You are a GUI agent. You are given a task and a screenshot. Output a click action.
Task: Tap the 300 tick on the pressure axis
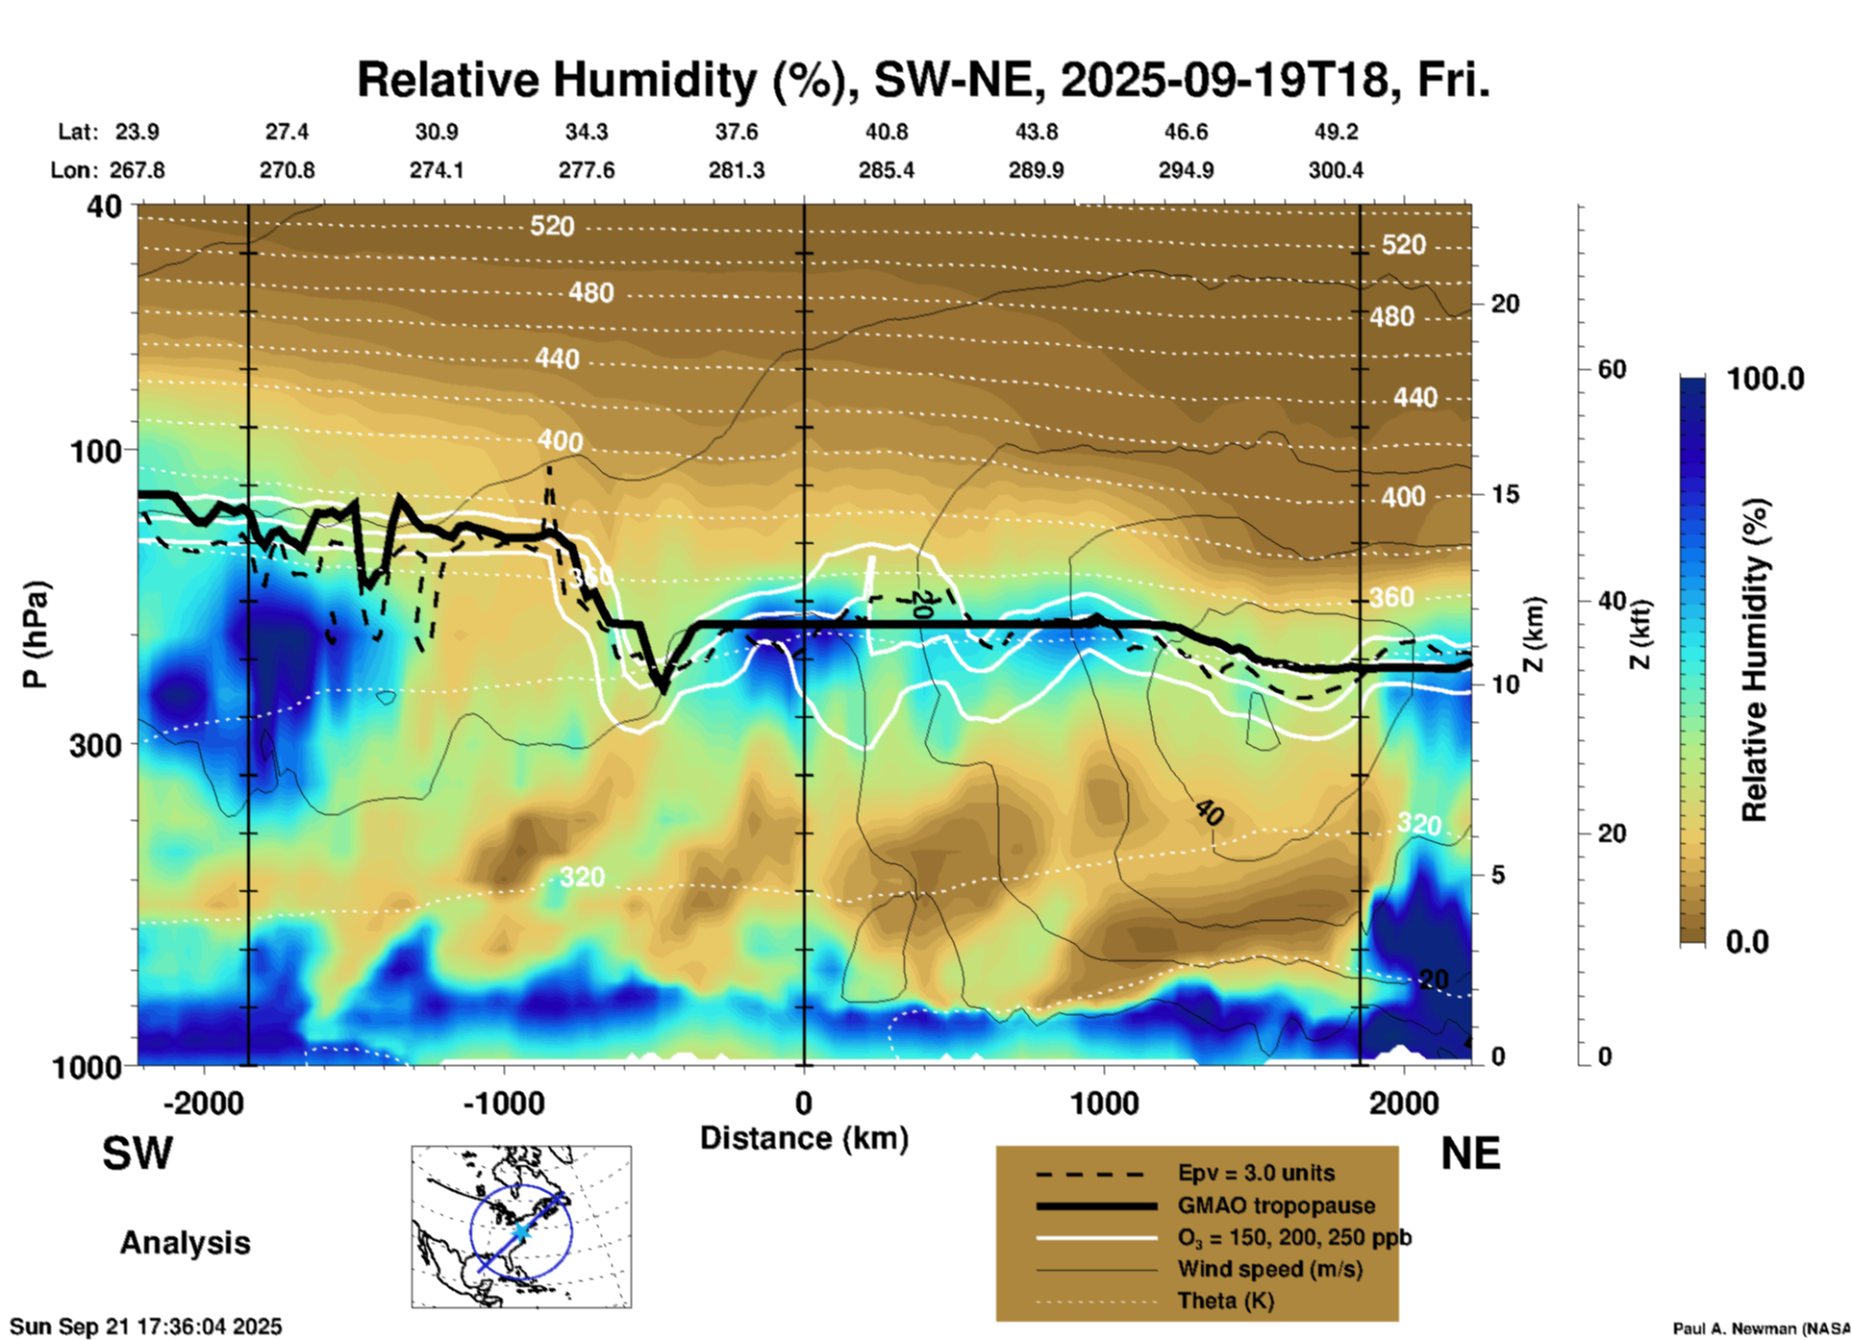[96, 745]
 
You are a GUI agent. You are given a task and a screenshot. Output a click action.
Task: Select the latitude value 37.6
[736, 132]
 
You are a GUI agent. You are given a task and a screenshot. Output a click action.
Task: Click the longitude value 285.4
[886, 171]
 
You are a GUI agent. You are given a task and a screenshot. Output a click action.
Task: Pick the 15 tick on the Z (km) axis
[1505, 494]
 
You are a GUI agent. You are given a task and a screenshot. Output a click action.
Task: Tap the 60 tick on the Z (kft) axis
[1612, 370]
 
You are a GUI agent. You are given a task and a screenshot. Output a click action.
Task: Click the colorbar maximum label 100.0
[1765, 379]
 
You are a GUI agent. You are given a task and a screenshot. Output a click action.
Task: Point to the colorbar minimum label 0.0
[1747, 942]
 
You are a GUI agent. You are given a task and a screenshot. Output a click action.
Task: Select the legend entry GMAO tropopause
[1276, 1205]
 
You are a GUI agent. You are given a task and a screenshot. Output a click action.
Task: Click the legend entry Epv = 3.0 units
[1256, 1174]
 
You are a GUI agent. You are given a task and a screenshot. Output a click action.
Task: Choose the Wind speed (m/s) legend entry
[1269, 1269]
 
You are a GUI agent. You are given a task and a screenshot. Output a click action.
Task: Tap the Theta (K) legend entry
[1225, 1301]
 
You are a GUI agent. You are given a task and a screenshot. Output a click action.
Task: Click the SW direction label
[138, 1154]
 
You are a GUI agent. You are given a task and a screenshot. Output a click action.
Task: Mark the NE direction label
[1470, 1154]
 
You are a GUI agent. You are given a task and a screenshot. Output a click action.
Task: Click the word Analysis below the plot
[185, 1243]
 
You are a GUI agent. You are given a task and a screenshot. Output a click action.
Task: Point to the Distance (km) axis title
[804, 1138]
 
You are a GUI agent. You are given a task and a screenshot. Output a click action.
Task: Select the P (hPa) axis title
[36, 634]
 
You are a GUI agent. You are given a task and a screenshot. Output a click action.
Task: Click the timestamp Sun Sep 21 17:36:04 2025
[146, 1327]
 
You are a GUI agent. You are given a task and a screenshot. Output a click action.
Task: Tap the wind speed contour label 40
[1210, 813]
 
